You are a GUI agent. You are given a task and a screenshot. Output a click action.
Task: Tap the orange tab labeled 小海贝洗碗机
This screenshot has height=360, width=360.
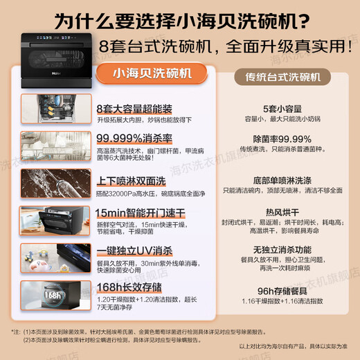coord(152,74)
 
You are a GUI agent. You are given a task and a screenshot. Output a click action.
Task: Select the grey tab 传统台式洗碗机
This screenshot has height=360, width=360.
coord(279,77)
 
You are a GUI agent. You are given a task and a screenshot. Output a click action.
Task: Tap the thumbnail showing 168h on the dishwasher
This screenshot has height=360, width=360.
coord(55,295)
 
